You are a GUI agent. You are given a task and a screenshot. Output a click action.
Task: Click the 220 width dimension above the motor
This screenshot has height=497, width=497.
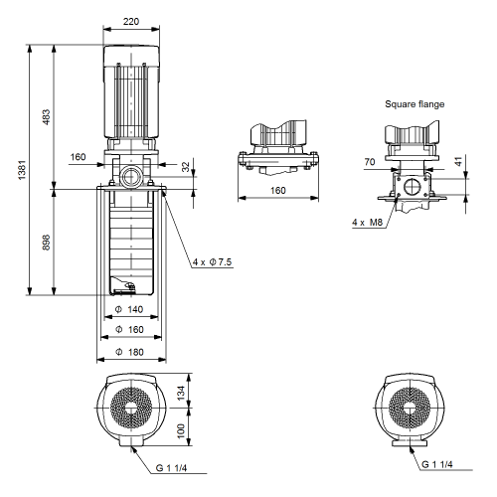tap(131, 22)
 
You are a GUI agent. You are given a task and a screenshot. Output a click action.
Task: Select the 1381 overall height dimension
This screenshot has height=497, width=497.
tap(22, 170)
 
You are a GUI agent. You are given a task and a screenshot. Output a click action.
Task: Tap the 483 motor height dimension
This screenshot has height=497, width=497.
tap(47, 117)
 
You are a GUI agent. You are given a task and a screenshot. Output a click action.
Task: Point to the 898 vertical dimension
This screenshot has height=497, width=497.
tap(47, 243)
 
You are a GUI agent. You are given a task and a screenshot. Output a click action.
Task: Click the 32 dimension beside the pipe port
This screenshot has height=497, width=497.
tap(186, 167)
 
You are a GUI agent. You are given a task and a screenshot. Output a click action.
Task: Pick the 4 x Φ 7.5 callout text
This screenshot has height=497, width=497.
tap(212, 262)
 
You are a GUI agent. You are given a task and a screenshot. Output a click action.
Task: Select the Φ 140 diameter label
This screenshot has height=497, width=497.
tap(129, 309)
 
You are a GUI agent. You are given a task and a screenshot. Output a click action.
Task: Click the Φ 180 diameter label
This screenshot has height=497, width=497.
tap(129, 352)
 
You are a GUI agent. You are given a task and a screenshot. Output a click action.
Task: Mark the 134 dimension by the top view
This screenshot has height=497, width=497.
tap(181, 393)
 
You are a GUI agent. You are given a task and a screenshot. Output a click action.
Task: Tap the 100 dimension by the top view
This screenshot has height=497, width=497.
tap(181, 430)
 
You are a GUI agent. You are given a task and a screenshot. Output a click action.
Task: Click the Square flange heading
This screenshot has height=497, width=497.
tap(414, 104)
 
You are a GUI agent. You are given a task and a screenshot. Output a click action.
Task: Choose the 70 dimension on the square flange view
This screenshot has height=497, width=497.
tap(370, 162)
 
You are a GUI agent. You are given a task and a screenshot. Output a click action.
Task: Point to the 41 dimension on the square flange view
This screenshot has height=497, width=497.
tap(458, 162)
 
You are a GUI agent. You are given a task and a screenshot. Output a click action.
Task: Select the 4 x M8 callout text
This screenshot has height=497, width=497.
tap(367, 222)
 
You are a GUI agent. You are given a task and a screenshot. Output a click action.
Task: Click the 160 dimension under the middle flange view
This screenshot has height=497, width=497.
tap(278, 191)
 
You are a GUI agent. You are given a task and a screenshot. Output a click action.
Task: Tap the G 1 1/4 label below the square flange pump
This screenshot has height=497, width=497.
tap(437, 464)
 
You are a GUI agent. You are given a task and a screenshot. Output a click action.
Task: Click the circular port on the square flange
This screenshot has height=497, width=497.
tap(413, 187)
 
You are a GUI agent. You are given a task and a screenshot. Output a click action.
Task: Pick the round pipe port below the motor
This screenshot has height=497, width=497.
tap(131, 176)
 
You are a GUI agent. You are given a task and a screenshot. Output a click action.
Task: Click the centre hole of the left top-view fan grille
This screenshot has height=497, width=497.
tap(131, 408)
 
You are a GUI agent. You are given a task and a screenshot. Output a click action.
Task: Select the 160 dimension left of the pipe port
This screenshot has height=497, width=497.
tap(78, 157)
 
